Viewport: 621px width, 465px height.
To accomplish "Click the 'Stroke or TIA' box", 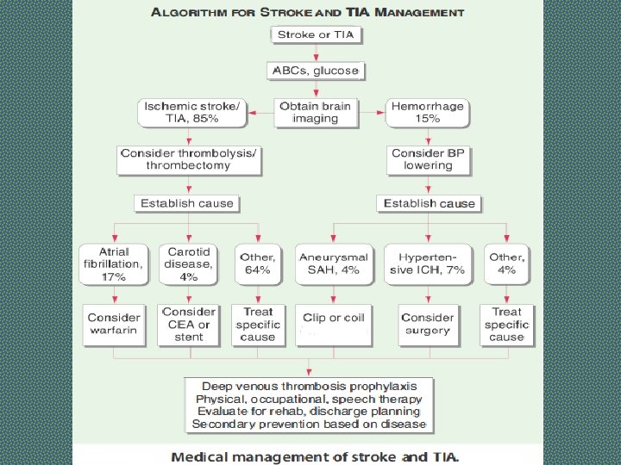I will [x=316, y=35].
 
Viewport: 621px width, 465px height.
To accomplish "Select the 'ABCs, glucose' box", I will [x=316, y=71].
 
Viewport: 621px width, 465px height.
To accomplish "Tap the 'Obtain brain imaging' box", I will [x=316, y=112].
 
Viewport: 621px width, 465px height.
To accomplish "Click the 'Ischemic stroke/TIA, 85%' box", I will [x=191, y=112].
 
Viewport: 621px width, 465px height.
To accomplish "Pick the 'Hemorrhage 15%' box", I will [x=428, y=112].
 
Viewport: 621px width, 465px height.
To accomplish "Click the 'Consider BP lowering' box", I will [x=428, y=158].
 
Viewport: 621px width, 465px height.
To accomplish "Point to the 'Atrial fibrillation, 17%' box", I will [x=114, y=263].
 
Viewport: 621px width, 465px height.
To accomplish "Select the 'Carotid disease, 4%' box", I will [x=189, y=263].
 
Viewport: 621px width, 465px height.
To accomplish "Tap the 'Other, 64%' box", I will [x=258, y=263].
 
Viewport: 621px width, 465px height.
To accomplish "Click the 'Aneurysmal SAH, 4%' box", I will [x=333, y=263].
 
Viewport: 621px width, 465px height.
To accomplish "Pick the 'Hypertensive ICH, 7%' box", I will [x=431, y=263].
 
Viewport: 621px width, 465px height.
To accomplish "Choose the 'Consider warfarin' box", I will [x=114, y=324].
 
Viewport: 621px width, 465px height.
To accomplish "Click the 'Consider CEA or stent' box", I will [x=189, y=324].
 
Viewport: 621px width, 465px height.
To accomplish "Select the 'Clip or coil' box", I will [x=333, y=319].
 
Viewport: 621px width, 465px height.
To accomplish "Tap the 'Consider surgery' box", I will [x=428, y=324].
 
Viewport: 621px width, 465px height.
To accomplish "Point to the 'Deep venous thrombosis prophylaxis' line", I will [x=310, y=386].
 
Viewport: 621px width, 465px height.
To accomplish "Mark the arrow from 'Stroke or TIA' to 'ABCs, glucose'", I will [x=316, y=53].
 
